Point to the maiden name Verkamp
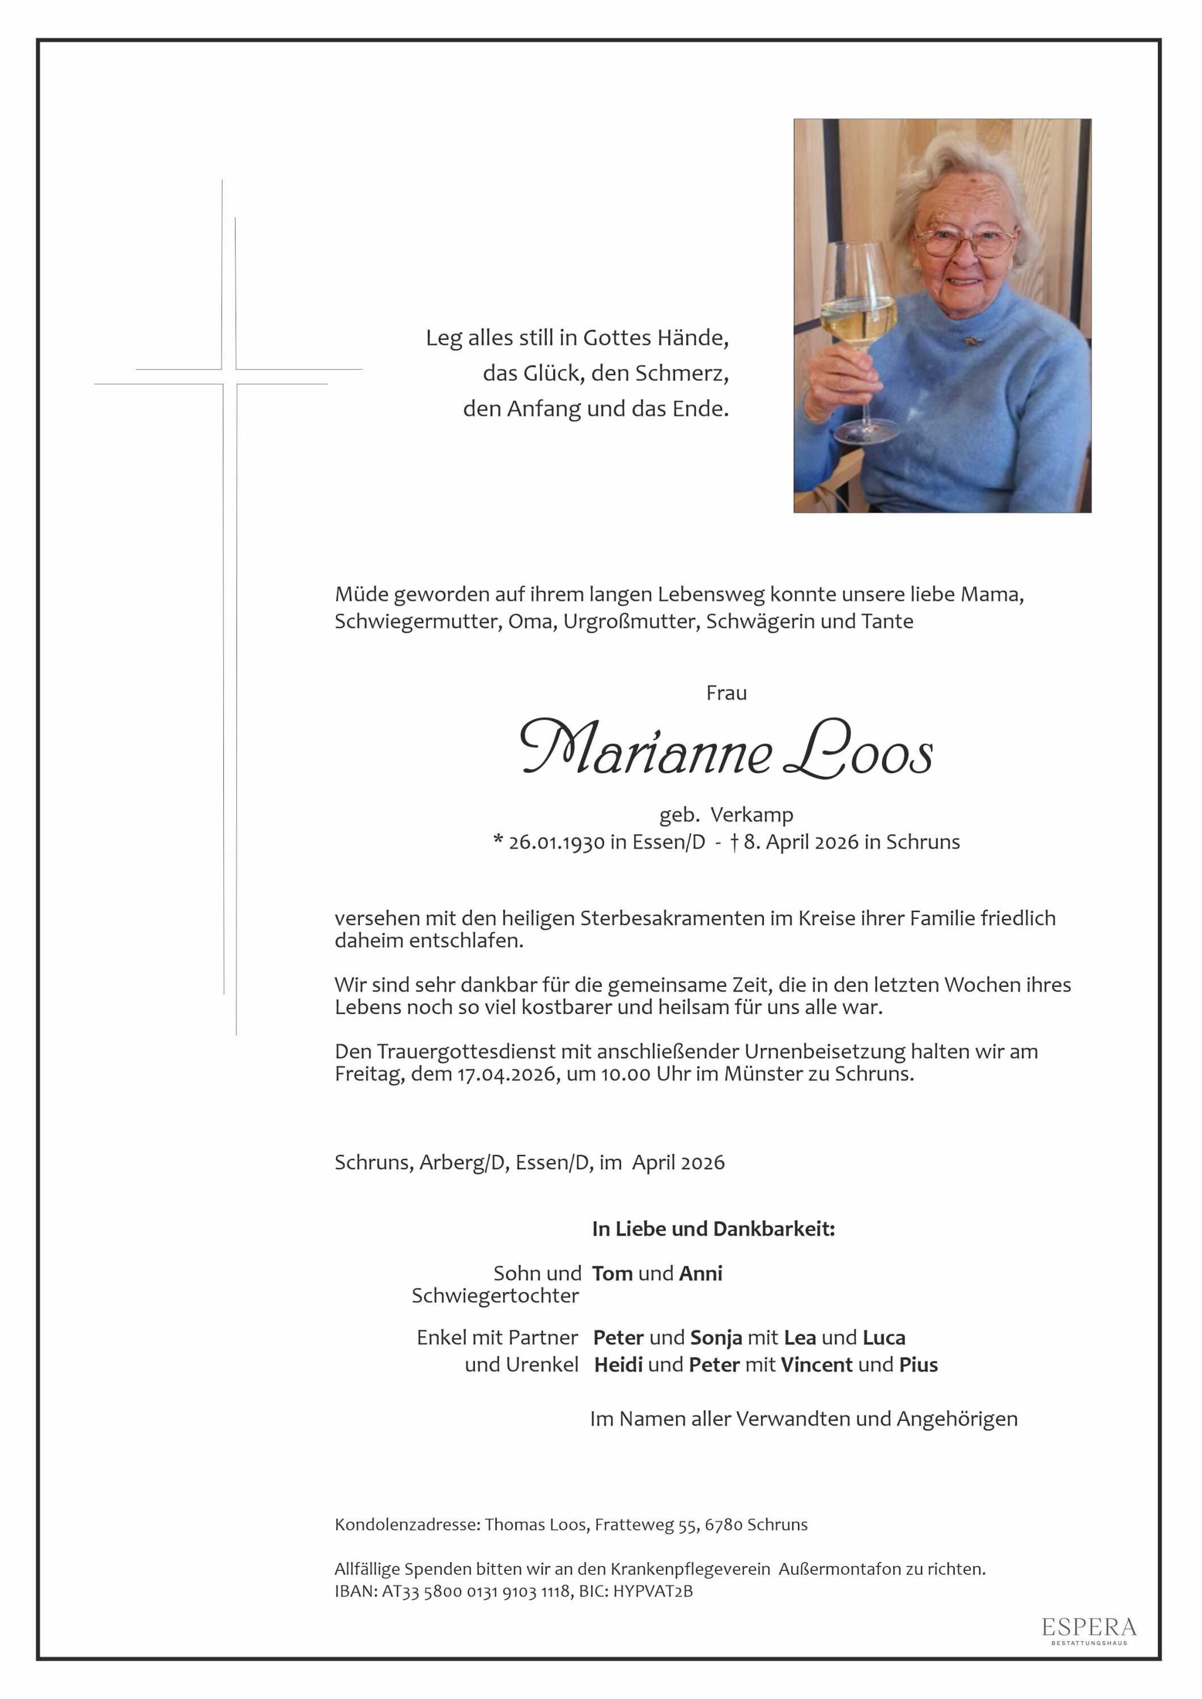(x=751, y=815)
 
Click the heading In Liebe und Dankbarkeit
(x=713, y=1229)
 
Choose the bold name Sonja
(x=716, y=1338)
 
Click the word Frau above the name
(x=726, y=693)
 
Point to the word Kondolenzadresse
(x=407, y=1525)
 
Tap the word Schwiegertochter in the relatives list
(x=495, y=1296)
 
